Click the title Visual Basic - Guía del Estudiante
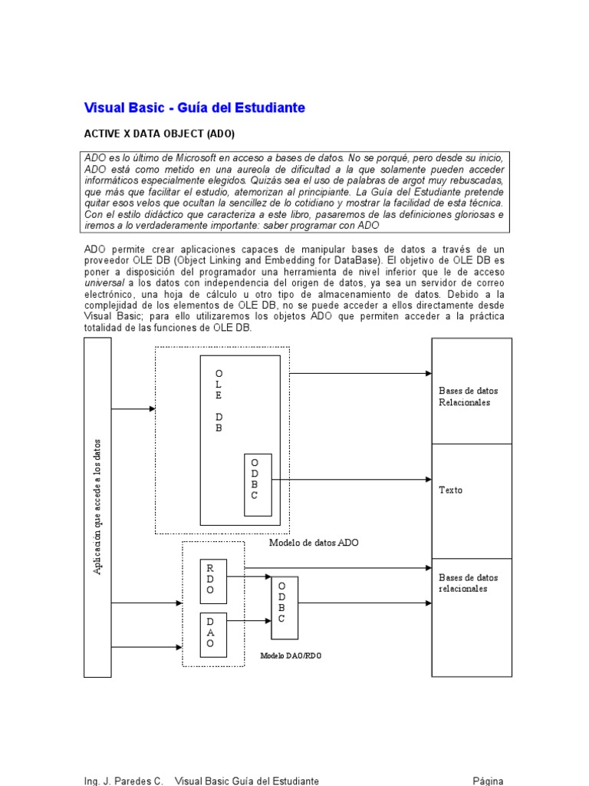(194, 108)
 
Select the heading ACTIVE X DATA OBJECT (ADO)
(159, 134)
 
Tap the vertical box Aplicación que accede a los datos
(97, 507)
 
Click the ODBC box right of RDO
(284, 602)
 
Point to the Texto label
(451, 490)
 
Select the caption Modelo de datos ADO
(314, 543)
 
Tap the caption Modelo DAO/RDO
(290, 656)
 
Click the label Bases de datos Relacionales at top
(465, 396)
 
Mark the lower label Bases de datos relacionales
(463, 583)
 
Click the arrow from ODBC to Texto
(351, 480)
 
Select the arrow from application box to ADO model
(133, 409)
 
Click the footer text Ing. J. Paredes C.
(123, 781)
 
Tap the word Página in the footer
(488, 781)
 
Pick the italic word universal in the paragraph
(104, 282)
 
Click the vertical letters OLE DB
(219, 400)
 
